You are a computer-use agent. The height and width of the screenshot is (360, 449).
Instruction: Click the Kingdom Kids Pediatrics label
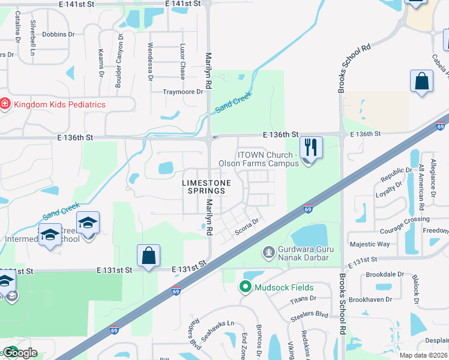pyautogui.click(x=59, y=104)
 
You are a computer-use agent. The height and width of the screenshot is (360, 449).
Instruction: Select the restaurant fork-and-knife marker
pyautogui.click(x=310, y=147)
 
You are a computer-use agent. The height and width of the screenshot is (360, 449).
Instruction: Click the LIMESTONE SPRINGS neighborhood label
pyautogui.click(x=203, y=185)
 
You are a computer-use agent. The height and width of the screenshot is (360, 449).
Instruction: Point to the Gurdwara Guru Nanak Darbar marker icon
pyautogui.click(x=269, y=251)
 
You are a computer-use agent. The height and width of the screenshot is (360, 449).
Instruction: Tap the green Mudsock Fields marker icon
pyautogui.click(x=245, y=287)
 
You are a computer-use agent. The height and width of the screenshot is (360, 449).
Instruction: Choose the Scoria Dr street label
pyautogui.click(x=247, y=225)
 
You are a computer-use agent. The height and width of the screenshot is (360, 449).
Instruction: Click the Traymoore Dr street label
pyautogui.click(x=184, y=92)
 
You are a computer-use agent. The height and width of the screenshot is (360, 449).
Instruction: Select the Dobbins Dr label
pyautogui.click(x=58, y=35)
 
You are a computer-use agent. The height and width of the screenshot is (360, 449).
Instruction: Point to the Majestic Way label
pyautogui.click(x=370, y=244)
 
